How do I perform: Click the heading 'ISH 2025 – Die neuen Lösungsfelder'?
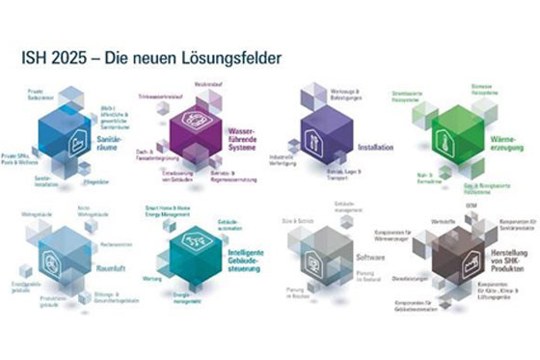coord(150,59)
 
